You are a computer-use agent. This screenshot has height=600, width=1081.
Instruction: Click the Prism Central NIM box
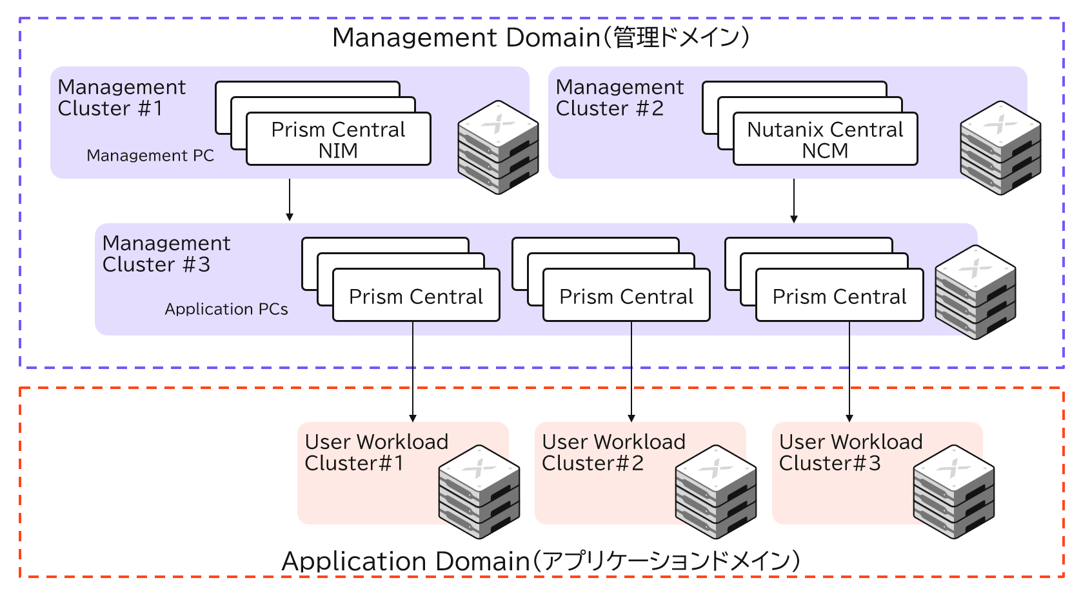338,139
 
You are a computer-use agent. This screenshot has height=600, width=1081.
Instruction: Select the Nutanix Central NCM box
825,139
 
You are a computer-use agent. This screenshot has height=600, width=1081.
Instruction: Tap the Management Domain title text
540,37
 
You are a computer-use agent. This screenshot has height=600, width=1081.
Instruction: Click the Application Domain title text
540,561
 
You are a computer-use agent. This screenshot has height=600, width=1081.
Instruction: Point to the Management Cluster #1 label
121,97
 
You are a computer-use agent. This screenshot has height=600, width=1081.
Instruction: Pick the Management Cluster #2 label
619,97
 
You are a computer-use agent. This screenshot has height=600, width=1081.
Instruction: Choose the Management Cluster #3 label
166,254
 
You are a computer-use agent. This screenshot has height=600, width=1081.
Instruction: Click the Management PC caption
150,155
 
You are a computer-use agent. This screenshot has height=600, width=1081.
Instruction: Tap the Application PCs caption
226,309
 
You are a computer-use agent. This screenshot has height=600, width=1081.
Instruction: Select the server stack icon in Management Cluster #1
498,148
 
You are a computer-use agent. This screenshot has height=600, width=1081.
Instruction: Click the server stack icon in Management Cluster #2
1000,148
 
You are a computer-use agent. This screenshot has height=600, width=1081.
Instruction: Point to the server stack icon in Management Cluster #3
975,292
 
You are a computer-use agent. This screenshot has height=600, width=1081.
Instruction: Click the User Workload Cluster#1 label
376,452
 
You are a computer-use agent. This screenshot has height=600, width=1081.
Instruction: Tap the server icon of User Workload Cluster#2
716,492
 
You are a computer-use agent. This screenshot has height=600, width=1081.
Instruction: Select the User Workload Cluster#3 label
850,452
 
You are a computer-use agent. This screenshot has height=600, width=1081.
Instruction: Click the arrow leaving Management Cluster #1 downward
290,200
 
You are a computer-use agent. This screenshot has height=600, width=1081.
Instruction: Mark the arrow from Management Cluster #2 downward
794,201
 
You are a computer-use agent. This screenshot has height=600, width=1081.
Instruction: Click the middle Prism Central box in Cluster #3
626,295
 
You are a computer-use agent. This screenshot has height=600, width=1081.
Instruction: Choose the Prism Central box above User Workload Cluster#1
416,295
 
